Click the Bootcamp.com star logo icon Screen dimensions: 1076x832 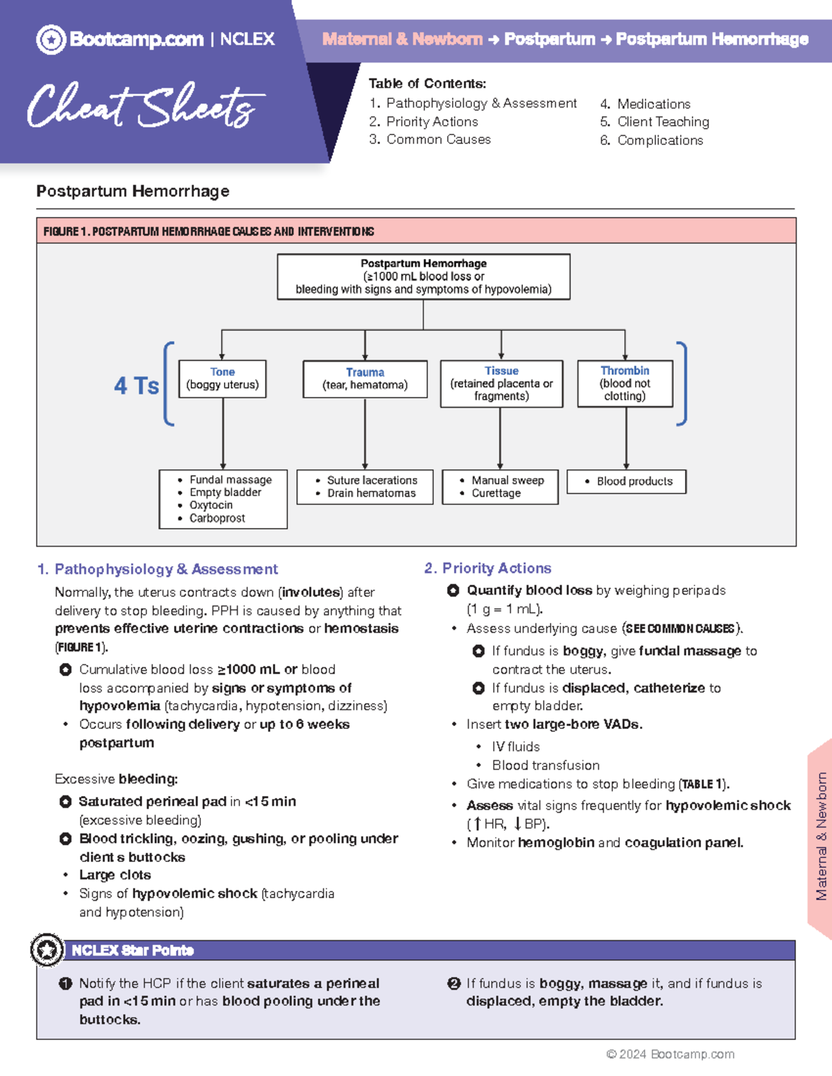[x=51, y=39]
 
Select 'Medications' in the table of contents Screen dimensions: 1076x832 [x=653, y=104]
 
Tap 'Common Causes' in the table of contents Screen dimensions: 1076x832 [x=438, y=139]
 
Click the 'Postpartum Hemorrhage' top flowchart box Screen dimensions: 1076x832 [x=423, y=276]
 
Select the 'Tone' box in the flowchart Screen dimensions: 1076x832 [x=223, y=378]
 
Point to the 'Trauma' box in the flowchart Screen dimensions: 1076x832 [x=365, y=379]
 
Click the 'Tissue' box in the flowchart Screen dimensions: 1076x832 [x=501, y=383]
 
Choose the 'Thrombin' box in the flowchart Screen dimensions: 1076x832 [x=625, y=383]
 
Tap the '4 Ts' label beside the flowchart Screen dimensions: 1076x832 [x=137, y=386]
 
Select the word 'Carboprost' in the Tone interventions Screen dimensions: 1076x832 [x=217, y=518]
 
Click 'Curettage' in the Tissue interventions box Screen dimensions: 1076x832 [x=496, y=493]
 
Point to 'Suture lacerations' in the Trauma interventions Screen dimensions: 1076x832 [x=372, y=480]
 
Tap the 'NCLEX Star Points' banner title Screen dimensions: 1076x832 [x=132, y=950]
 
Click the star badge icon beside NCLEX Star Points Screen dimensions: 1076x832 [x=47, y=950]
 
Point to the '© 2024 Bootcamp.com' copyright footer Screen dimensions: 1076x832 [x=670, y=1054]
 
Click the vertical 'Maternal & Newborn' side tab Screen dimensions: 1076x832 [x=821, y=836]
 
